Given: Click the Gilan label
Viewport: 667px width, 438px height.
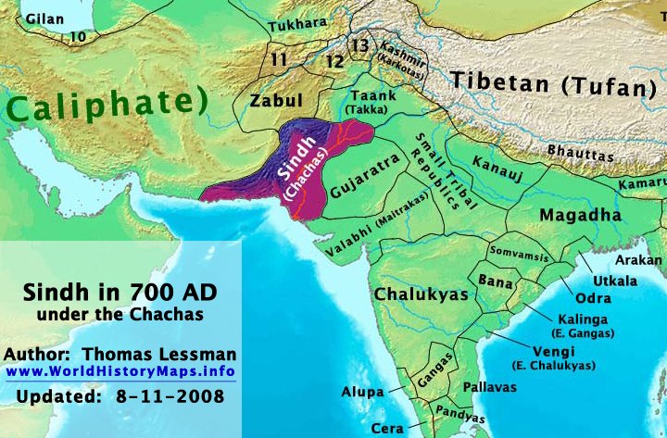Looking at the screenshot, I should (45, 19).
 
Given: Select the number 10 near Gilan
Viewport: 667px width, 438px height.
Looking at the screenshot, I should (78, 36).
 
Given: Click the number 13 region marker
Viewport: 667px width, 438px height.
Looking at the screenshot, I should (361, 45).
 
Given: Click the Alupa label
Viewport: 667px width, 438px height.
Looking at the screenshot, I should (361, 392).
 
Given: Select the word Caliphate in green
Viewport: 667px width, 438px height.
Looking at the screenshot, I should (104, 105).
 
